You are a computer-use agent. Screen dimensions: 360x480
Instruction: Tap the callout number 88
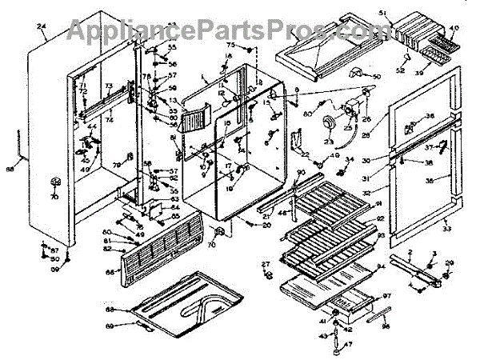[10, 169]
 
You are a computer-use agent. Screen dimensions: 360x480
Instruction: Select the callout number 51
[404, 13]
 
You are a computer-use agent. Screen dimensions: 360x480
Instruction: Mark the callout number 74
[110, 120]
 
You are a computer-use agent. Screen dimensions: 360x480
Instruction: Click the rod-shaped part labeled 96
[378, 312]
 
